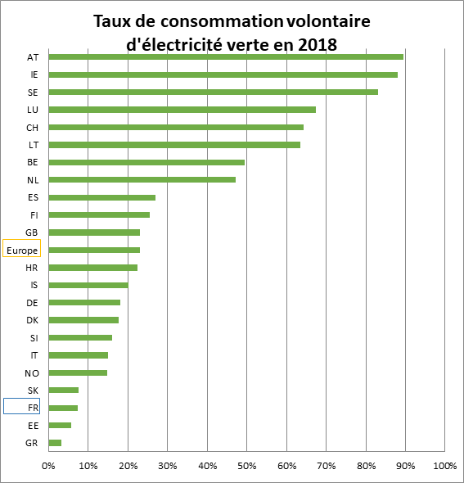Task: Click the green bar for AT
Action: pyautogui.click(x=226, y=57)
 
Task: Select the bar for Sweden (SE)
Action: pyautogui.click(x=213, y=93)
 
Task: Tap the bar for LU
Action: pyautogui.click(x=182, y=110)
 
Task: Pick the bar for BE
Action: pyautogui.click(x=146, y=162)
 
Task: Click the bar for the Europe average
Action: pyautogui.click(x=94, y=251)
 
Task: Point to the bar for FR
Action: pyautogui.click(x=63, y=409)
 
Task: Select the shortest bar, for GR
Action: pyautogui.click(x=55, y=443)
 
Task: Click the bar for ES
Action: pyautogui.click(x=102, y=197)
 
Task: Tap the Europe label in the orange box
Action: pyautogui.click(x=22, y=251)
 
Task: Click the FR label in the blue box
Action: pyautogui.click(x=34, y=408)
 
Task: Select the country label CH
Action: pyautogui.click(x=33, y=128)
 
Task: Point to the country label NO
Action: pyautogui.click(x=32, y=373)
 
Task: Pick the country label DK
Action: pyautogui.click(x=33, y=320)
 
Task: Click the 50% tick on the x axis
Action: pyautogui.click(x=247, y=466)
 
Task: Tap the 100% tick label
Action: pyautogui.click(x=445, y=466)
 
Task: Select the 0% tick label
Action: pyautogui.click(x=48, y=466)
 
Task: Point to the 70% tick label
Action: pyautogui.click(x=327, y=466)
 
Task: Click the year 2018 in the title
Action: pyautogui.click(x=318, y=45)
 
